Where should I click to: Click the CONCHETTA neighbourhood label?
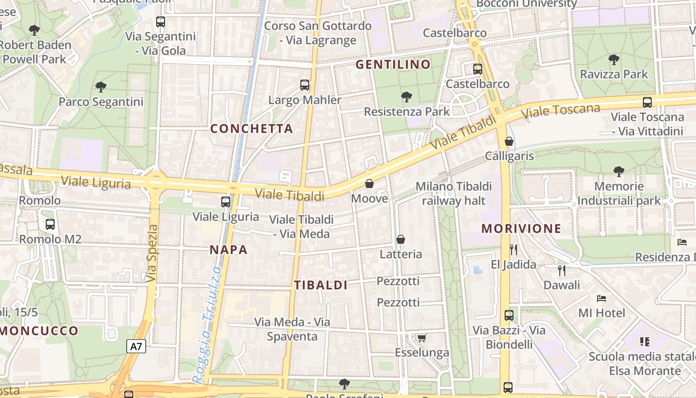(x=252, y=129)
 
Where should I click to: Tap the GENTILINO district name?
(x=393, y=65)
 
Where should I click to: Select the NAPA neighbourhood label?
(x=229, y=250)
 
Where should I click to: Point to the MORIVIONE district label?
(x=522, y=229)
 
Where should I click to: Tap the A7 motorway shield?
(x=136, y=346)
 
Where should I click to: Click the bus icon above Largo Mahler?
(x=305, y=85)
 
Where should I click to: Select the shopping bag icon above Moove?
(x=369, y=184)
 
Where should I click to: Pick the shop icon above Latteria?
(x=401, y=239)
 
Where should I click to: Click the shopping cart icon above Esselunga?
(x=422, y=338)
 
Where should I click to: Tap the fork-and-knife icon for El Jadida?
(x=514, y=249)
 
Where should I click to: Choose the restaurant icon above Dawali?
(x=562, y=270)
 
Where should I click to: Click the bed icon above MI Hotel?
(x=602, y=298)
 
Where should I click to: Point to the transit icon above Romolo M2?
(x=50, y=224)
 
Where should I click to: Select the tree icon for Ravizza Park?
(x=614, y=60)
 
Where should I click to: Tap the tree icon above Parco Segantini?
(x=101, y=87)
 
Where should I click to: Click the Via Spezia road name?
(x=152, y=254)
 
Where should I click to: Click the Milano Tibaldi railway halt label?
(x=453, y=194)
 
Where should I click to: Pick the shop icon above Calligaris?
(x=509, y=141)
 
